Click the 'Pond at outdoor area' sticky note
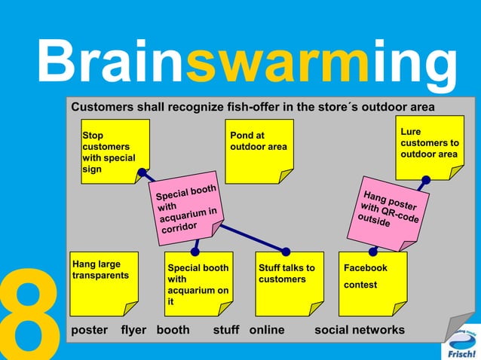click(260, 151)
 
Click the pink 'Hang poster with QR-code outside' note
click(389, 209)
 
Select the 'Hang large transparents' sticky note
click(103, 282)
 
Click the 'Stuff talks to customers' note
click(286, 283)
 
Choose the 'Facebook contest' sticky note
click(372, 283)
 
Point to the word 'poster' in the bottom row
click(89, 330)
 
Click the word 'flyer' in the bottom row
click(133, 330)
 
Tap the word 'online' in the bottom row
click(266, 330)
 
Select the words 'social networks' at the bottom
click(360, 330)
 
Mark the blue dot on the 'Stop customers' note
click(141, 173)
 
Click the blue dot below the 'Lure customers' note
click(426, 179)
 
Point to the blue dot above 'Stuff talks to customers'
click(286, 251)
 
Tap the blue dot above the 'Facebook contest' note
click(372, 251)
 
